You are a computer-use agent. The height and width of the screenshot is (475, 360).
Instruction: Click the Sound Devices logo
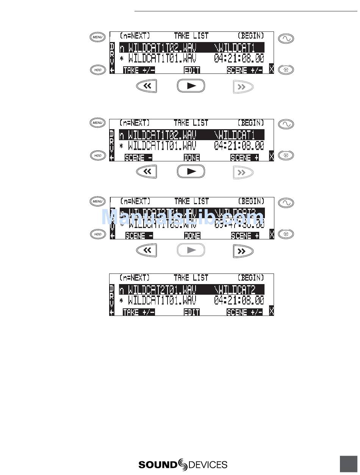183,464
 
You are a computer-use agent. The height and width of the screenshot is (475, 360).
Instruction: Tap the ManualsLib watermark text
182,217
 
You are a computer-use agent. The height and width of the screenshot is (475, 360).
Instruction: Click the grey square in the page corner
349,464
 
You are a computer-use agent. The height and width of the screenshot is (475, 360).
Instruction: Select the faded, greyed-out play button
191,250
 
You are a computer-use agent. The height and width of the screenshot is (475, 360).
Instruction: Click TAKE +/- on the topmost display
139,70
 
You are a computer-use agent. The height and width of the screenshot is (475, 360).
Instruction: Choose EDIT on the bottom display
192,312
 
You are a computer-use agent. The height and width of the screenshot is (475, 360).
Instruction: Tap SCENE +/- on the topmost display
245,70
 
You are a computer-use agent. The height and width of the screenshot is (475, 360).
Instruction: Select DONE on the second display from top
192,158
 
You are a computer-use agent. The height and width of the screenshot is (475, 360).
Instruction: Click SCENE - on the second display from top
138,158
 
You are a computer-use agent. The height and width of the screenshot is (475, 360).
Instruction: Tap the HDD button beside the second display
98,156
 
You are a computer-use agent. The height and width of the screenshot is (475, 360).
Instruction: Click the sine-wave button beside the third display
286,203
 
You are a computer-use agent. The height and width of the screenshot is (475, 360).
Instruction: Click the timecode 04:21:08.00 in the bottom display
239,301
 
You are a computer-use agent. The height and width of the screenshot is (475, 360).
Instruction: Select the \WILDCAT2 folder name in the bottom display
235,290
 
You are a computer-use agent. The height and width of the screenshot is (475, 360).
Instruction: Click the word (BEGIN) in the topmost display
250,36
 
